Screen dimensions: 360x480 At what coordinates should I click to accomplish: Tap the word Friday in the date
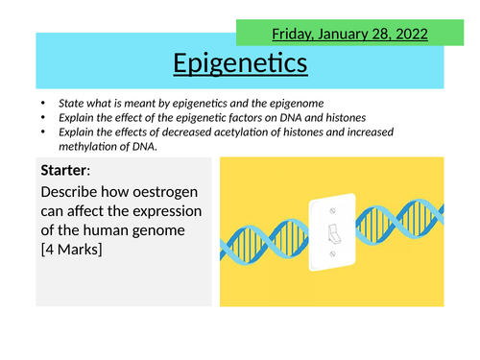click(x=295, y=35)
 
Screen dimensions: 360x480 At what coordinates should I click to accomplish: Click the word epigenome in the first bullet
click(x=323, y=103)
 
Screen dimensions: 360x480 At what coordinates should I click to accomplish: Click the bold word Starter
click(x=66, y=171)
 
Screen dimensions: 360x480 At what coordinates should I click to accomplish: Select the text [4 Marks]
click(x=77, y=252)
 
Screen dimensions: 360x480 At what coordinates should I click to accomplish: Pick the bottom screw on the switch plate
click(x=331, y=256)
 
